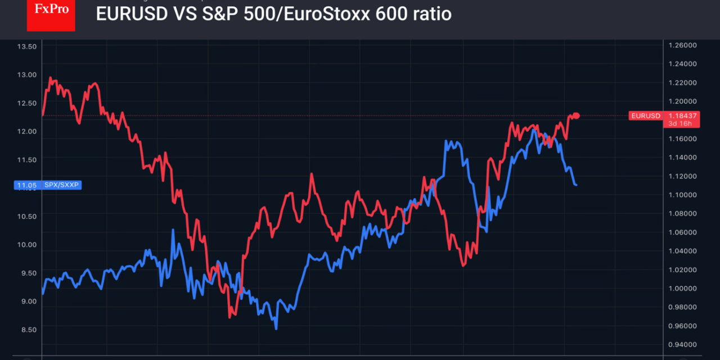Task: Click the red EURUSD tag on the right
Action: pos(645,116)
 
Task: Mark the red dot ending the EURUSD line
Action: pos(576,116)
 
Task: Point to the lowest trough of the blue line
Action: pos(276,328)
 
